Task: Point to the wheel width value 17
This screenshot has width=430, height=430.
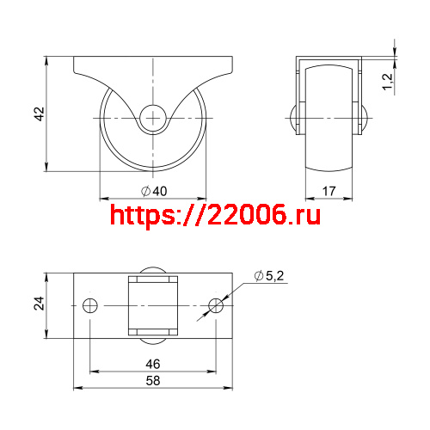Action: point(329,191)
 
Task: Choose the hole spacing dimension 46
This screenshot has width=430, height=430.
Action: point(154,364)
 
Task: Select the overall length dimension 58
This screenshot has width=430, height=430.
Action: point(154,379)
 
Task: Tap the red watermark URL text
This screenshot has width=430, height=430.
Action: point(216,215)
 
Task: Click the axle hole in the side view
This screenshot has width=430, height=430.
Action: point(154,116)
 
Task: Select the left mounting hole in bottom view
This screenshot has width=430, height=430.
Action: point(90,306)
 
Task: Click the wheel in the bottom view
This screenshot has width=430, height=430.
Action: point(154,306)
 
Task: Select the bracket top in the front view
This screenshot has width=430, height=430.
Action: point(329,59)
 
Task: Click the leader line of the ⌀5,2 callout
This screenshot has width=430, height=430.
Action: point(237,291)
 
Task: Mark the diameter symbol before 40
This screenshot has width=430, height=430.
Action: point(144,191)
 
